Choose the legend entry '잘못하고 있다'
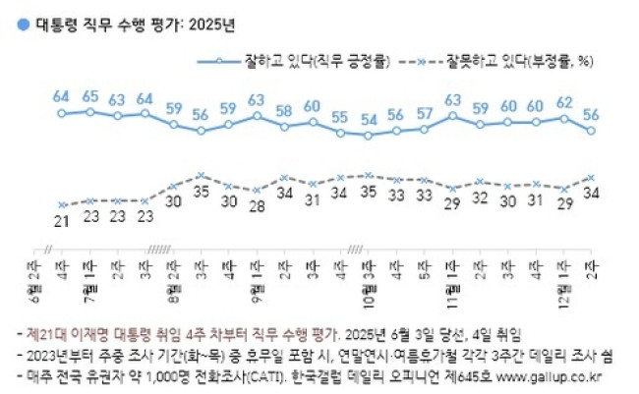[526, 61]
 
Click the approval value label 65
[90, 96]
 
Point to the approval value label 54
[369, 120]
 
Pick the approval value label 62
[563, 101]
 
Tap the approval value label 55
[340, 118]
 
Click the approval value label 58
[284, 111]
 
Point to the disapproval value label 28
[257, 205]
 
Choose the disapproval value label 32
[480, 197]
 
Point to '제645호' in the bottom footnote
[472, 374]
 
